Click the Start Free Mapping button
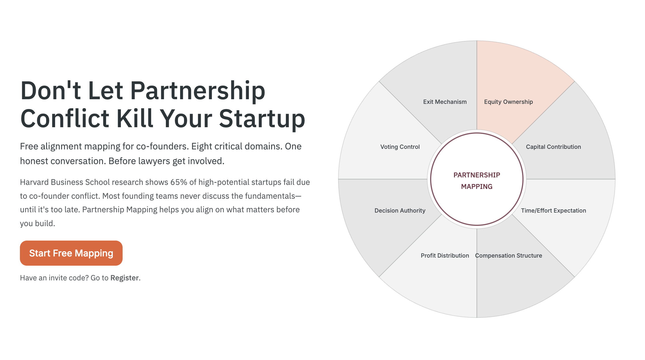tap(71, 253)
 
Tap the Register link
tap(125, 278)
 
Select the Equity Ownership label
tap(508, 102)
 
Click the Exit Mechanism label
tap(445, 102)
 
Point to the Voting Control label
tap(400, 147)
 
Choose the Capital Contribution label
tap(553, 147)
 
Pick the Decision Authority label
tap(400, 211)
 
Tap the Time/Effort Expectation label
tap(553, 211)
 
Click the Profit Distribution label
tap(445, 256)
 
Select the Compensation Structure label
tap(509, 256)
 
